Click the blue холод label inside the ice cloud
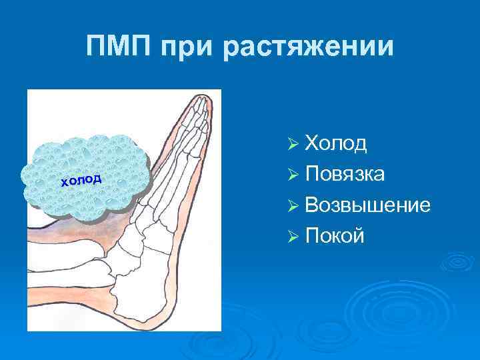tap(81, 179)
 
